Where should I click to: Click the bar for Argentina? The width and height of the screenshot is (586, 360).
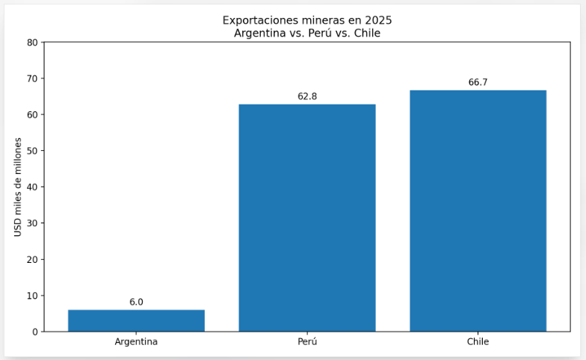point(136,320)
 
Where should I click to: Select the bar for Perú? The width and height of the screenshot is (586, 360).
point(307,217)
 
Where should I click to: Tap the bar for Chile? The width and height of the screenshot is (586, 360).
point(478,211)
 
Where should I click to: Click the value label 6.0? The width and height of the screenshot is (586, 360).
point(136,302)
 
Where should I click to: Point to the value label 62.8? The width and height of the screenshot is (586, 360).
point(307,96)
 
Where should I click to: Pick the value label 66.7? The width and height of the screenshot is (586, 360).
point(478,82)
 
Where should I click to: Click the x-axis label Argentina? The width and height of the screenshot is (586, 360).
point(136,342)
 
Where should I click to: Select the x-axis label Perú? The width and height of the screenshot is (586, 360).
point(307,342)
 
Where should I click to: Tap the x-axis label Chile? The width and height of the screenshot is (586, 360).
point(478,342)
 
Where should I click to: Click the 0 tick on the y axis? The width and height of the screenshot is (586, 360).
point(34,332)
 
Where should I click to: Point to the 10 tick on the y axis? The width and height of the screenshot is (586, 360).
point(32,296)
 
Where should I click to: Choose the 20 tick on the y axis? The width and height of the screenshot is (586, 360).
point(32,259)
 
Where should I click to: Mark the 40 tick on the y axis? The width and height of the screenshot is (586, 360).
point(32,187)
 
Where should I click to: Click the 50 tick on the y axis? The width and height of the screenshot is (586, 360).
point(32,151)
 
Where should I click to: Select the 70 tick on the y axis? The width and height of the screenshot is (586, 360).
point(32,78)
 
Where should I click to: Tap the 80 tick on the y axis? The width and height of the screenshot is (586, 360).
point(32,43)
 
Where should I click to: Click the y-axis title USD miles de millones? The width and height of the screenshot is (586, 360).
point(19,187)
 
